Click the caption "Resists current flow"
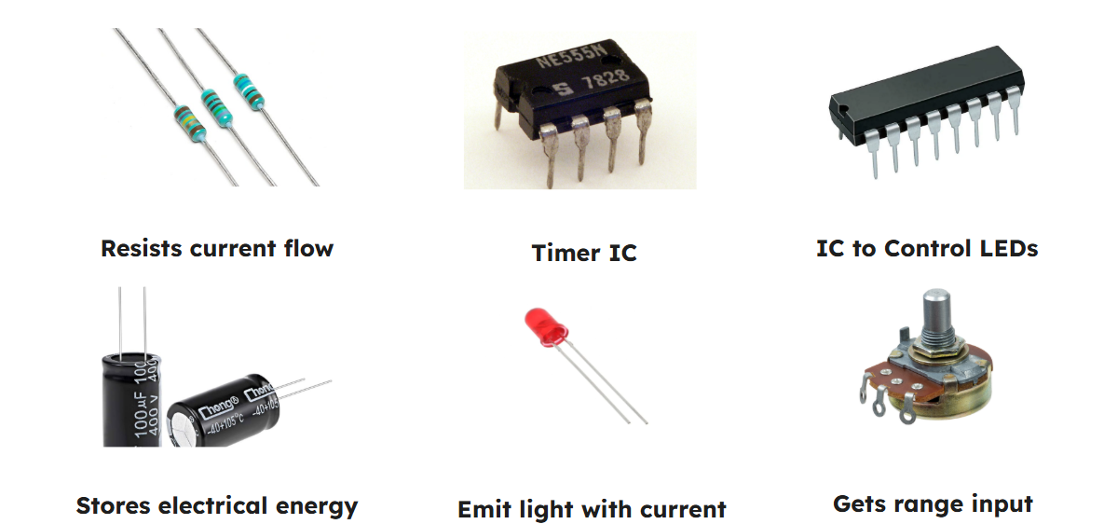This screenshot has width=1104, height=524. click(x=216, y=249)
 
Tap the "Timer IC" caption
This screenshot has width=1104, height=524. click(x=583, y=253)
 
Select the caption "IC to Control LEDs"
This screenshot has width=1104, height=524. click(x=926, y=249)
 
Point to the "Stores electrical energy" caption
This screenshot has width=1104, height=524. click(x=216, y=506)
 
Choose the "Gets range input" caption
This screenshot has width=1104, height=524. click(x=933, y=504)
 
